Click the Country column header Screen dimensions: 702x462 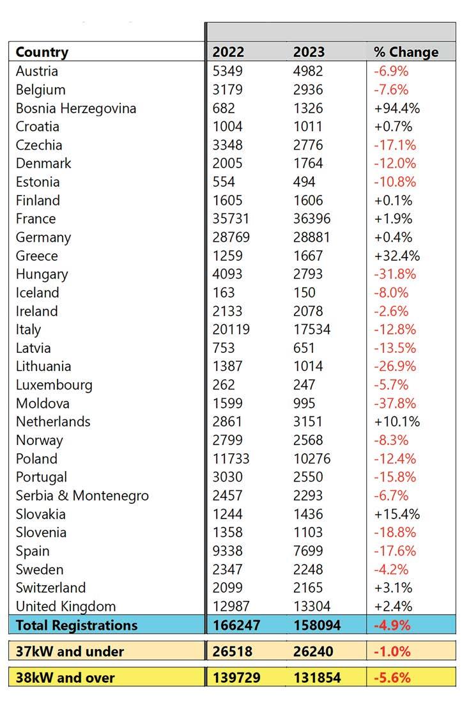click(42, 52)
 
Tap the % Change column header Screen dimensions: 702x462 click(406, 52)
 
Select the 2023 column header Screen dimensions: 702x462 click(309, 52)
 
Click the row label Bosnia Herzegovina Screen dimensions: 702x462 click(75, 108)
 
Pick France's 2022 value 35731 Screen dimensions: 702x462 click(231, 219)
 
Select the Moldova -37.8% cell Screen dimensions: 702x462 click(395, 403)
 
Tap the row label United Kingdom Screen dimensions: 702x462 click(66, 606)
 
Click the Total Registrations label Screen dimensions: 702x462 click(76, 625)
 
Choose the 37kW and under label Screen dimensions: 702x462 click(70, 651)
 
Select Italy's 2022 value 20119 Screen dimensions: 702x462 click(231, 329)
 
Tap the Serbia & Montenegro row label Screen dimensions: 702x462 click(82, 495)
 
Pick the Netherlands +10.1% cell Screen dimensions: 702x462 click(397, 421)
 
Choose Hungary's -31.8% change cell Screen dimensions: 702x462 click(395, 274)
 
